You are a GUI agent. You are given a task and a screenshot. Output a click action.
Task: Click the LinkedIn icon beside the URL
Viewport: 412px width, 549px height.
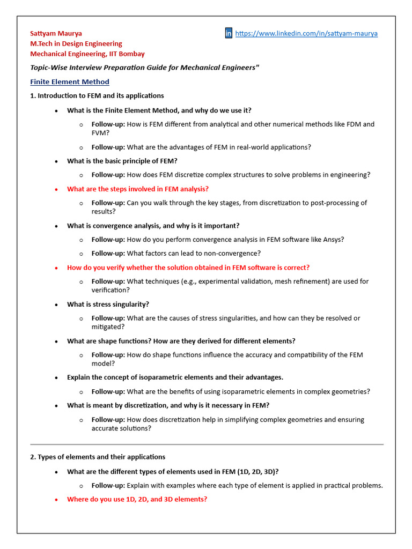click(x=229, y=33)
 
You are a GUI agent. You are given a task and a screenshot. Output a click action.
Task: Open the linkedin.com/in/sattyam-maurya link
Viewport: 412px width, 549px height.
click(x=306, y=33)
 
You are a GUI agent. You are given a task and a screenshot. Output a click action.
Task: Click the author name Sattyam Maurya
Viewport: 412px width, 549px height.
click(x=56, y=33)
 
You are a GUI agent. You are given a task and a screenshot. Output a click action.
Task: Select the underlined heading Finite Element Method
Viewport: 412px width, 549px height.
click(x=70, y=82)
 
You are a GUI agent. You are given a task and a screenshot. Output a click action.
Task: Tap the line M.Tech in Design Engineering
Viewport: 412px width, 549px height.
click(x=76, y=43)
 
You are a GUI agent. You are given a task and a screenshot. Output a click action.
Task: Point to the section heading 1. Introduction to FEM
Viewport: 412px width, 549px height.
click(x=97, y=96)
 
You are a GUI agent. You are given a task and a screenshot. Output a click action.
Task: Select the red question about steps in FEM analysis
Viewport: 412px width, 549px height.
click(x=137, y=189)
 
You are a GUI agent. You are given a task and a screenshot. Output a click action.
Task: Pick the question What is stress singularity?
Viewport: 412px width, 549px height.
click(x=108, y=304)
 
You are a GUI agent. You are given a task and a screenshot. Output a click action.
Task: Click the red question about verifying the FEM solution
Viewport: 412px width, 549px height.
click(x=188, y=268)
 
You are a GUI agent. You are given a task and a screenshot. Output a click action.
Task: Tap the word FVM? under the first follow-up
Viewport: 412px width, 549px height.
click(x=101, y=132)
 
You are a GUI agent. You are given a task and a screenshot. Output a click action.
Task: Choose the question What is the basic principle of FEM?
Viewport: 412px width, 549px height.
click(x=122, y=161)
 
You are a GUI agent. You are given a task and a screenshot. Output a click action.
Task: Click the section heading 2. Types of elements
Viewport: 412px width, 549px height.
click(x=98, y=457)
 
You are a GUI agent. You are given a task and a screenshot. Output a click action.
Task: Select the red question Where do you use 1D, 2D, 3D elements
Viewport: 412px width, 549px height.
click(x=137, y=499)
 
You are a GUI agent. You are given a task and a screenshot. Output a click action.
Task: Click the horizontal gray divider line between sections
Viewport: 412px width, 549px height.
click(x=207, y=444)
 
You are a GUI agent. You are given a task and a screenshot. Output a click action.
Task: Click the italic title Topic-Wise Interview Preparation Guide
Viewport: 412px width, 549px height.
click(x=144, y=68)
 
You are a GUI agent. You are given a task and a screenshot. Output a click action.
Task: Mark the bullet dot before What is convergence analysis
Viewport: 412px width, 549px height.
click(x=57, y=226)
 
